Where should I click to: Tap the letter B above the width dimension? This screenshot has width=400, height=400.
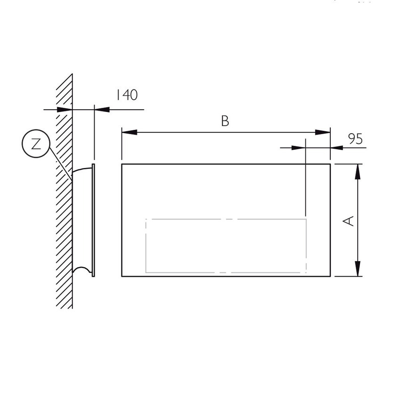pos(225,121)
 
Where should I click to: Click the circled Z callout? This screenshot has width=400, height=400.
pos(36,144)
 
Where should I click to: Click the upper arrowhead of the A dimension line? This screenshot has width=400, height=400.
pos(358,171)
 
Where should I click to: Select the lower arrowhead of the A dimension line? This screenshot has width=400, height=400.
pos(358,269)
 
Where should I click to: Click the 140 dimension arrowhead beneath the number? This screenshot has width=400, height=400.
pos(102,110)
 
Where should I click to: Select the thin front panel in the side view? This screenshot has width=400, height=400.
pos(93,220)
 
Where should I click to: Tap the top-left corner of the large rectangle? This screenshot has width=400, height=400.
pos(122,164)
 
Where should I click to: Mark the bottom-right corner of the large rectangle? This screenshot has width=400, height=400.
pos(330,276)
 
